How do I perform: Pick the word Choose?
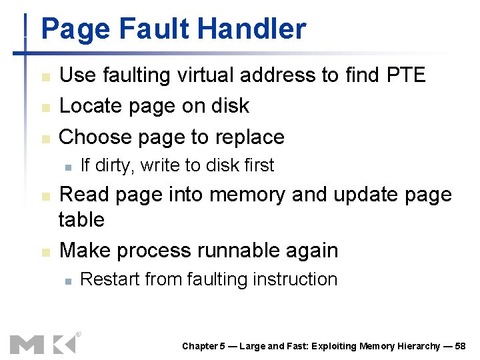pos(95,137)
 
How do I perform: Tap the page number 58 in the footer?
pos(459,346)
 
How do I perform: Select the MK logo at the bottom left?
pos(43,343)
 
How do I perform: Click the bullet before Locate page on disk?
pos(45,107)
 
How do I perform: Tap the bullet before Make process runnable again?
pos(45,252)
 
